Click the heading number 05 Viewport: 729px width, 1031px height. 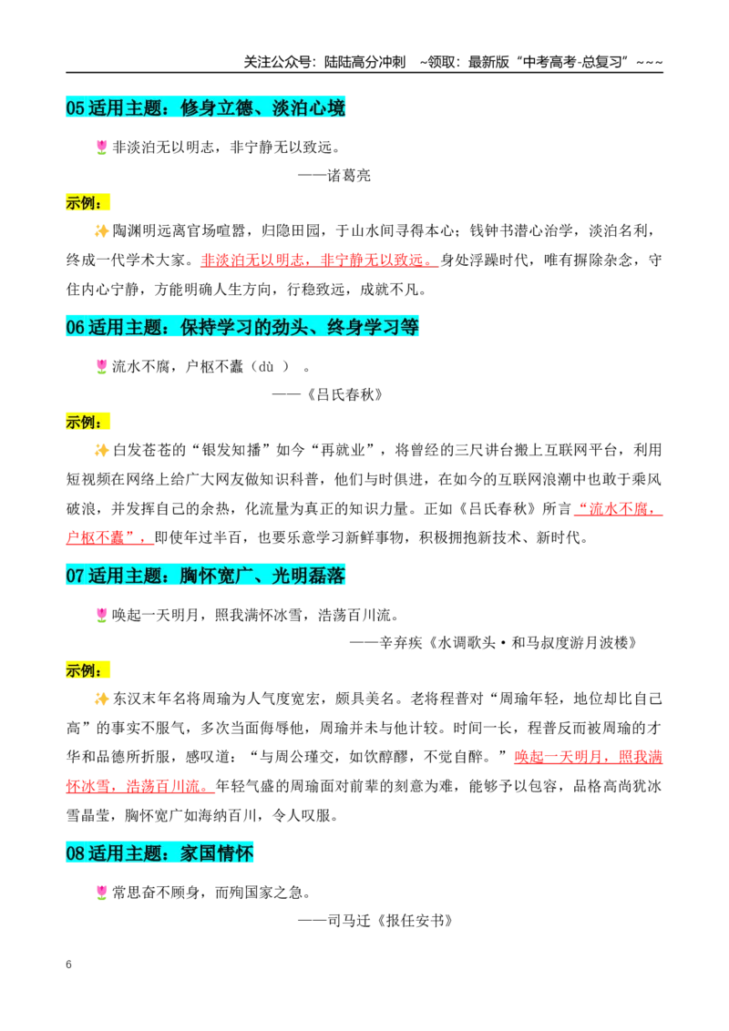(x=76, y=107)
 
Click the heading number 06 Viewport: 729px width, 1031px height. (x=76, y=327)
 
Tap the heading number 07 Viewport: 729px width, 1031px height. (x=76, y=576)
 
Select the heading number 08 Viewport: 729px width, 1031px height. (x=76, y=853)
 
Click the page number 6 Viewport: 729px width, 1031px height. (x=69, y=965)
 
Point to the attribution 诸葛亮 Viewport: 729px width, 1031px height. (x=349, y=176)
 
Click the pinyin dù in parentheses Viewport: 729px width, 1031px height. (x=266, y=367)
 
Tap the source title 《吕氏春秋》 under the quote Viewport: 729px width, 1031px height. (x=344, y=394)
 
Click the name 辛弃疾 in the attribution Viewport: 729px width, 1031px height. (x=401, y=643)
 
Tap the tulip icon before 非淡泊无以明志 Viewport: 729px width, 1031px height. (x=101, y=148)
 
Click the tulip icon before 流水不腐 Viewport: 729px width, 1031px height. (x=101, y=366)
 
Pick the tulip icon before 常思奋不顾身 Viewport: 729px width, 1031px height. (x=101, y=893)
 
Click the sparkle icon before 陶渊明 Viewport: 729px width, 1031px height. (x=101, y=230)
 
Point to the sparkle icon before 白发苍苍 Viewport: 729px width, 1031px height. (x=101, y=450)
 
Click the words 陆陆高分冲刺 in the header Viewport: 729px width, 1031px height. (x=365, y=62)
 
